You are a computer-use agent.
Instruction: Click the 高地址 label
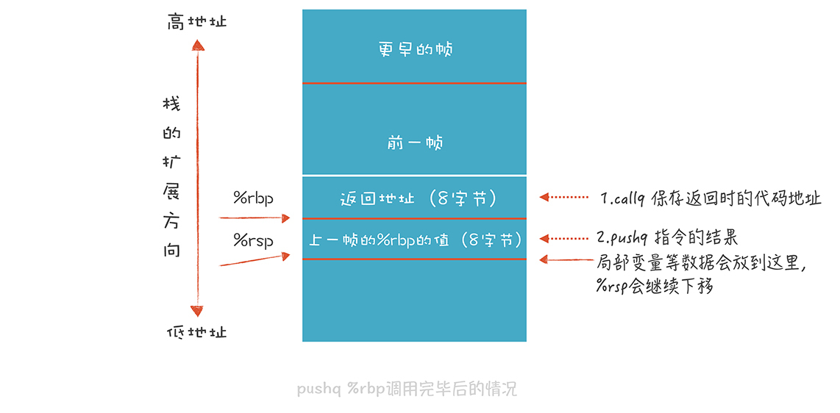click(x=197, y=22)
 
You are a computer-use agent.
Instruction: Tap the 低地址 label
click(x=197, y=332)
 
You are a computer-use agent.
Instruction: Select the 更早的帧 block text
click(x=415, y=49)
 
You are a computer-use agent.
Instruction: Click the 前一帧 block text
click(x=415, y=143)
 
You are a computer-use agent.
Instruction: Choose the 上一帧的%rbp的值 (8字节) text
click(x=416, y=239)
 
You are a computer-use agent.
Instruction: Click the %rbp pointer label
click(x=253, y=198)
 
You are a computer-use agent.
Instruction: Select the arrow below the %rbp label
click(x=255, y=218)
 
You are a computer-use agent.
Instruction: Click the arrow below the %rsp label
click(x=255, y=260)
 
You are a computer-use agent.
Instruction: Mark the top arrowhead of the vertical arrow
click(x=197, y=45)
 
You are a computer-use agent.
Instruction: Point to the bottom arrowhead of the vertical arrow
click(x=197, y=311)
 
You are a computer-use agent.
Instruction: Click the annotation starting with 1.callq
click(x=711, y=198)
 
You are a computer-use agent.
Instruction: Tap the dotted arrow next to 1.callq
click(x=564, y=197)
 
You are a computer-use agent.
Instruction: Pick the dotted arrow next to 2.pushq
click(x=564, y=238)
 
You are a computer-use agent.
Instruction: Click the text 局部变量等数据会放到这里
click(x=702, y=262)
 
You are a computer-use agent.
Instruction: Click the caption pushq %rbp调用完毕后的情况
click(x=407, y=389)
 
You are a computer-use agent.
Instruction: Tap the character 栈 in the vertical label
click(x=171, y=104)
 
